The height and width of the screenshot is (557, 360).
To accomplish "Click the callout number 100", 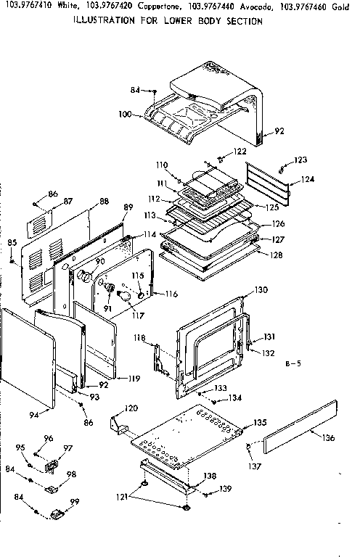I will [x=125, y=115].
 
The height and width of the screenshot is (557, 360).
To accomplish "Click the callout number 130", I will [x=261, y=291].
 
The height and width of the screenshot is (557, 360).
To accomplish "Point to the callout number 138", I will [x=210, y=476].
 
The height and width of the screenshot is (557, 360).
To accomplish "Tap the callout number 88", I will [x=104, y=202].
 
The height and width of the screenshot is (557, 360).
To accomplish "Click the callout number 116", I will [x=171, y=294].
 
